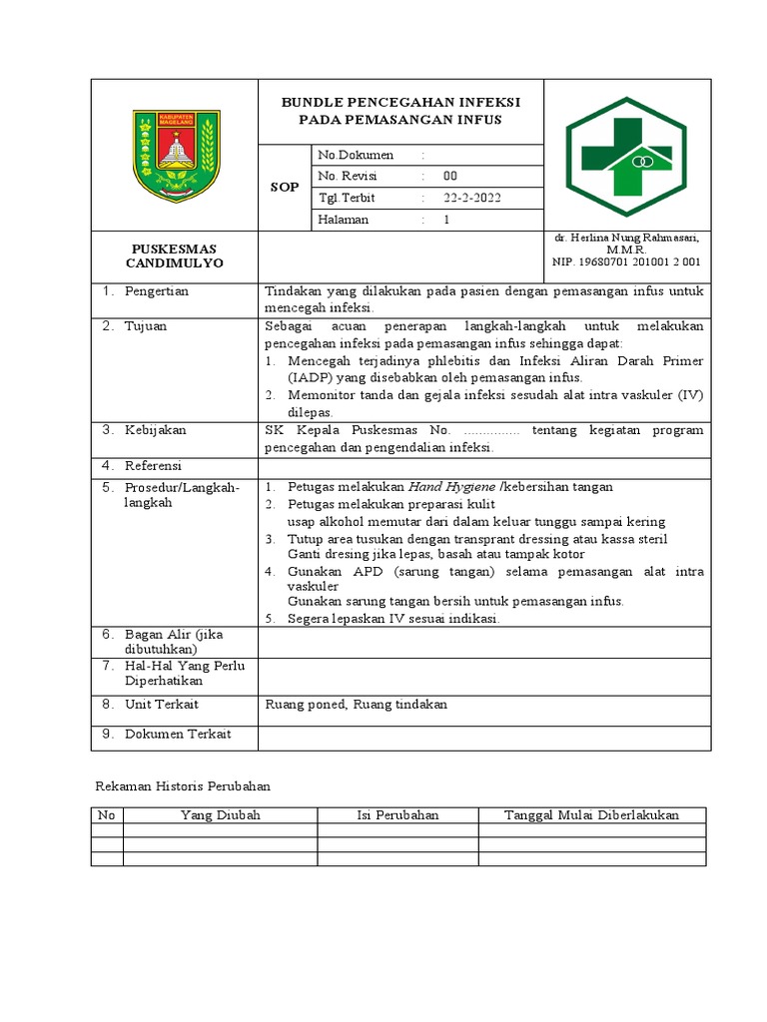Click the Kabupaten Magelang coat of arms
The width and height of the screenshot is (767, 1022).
(175, 156)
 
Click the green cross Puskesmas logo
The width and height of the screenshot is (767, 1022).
(626, 156)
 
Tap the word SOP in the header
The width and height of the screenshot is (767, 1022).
(285, 188)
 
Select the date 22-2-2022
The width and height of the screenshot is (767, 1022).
(472, 198)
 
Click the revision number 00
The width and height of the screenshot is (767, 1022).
(449, 176)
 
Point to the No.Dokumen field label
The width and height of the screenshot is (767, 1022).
(355, 155)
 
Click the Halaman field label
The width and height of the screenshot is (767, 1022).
(343, 220)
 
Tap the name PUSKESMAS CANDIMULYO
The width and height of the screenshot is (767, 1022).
(175, 255)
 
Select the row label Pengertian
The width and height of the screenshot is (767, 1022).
(156, 291)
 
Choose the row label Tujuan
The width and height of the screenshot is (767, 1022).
(146, 326)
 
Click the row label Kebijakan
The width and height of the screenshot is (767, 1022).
(155, 430)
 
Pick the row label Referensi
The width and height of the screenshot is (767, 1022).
(154, 466)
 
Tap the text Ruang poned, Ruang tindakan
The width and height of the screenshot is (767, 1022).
(356, 705)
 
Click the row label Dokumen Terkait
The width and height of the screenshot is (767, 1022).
(177, 735)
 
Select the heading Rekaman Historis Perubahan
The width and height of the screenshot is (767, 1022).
(182, 786)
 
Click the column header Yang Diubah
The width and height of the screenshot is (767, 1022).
(220, 815)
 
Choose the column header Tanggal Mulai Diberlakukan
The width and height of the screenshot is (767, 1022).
(591, 815)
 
